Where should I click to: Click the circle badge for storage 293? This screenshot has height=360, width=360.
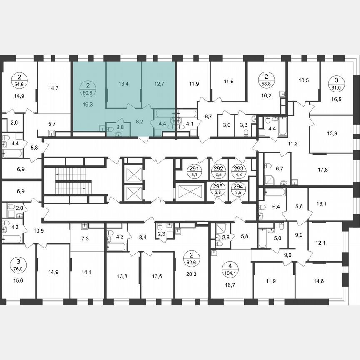click(x=238, y=171)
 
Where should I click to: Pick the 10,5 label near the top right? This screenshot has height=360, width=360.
click(x=303, y=81)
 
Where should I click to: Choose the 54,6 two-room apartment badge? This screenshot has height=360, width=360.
click(x=20, y=79)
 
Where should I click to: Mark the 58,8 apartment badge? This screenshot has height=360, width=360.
click(x=266, y=79)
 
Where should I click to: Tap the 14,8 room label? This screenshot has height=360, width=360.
click(x=319, y=281)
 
